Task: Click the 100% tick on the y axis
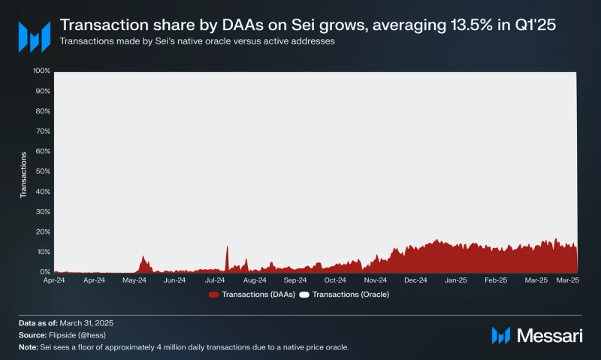[x=41, y=71]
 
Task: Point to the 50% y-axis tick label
[x=43, y=171]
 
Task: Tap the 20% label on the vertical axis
[x=43, y=231]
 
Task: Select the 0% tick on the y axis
[x=45, y=272]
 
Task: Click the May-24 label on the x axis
[x=134, y=280]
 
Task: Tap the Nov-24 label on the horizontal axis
[x=375, y=280]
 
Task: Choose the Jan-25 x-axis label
[x=456, y=280]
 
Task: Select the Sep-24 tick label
[x=294, y=280]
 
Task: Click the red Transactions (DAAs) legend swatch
[x=213, y=295]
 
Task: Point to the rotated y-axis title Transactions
[x=24, y=174]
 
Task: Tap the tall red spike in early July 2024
[x=226, y=248]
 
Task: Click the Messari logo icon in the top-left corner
[x=34, y=35]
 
